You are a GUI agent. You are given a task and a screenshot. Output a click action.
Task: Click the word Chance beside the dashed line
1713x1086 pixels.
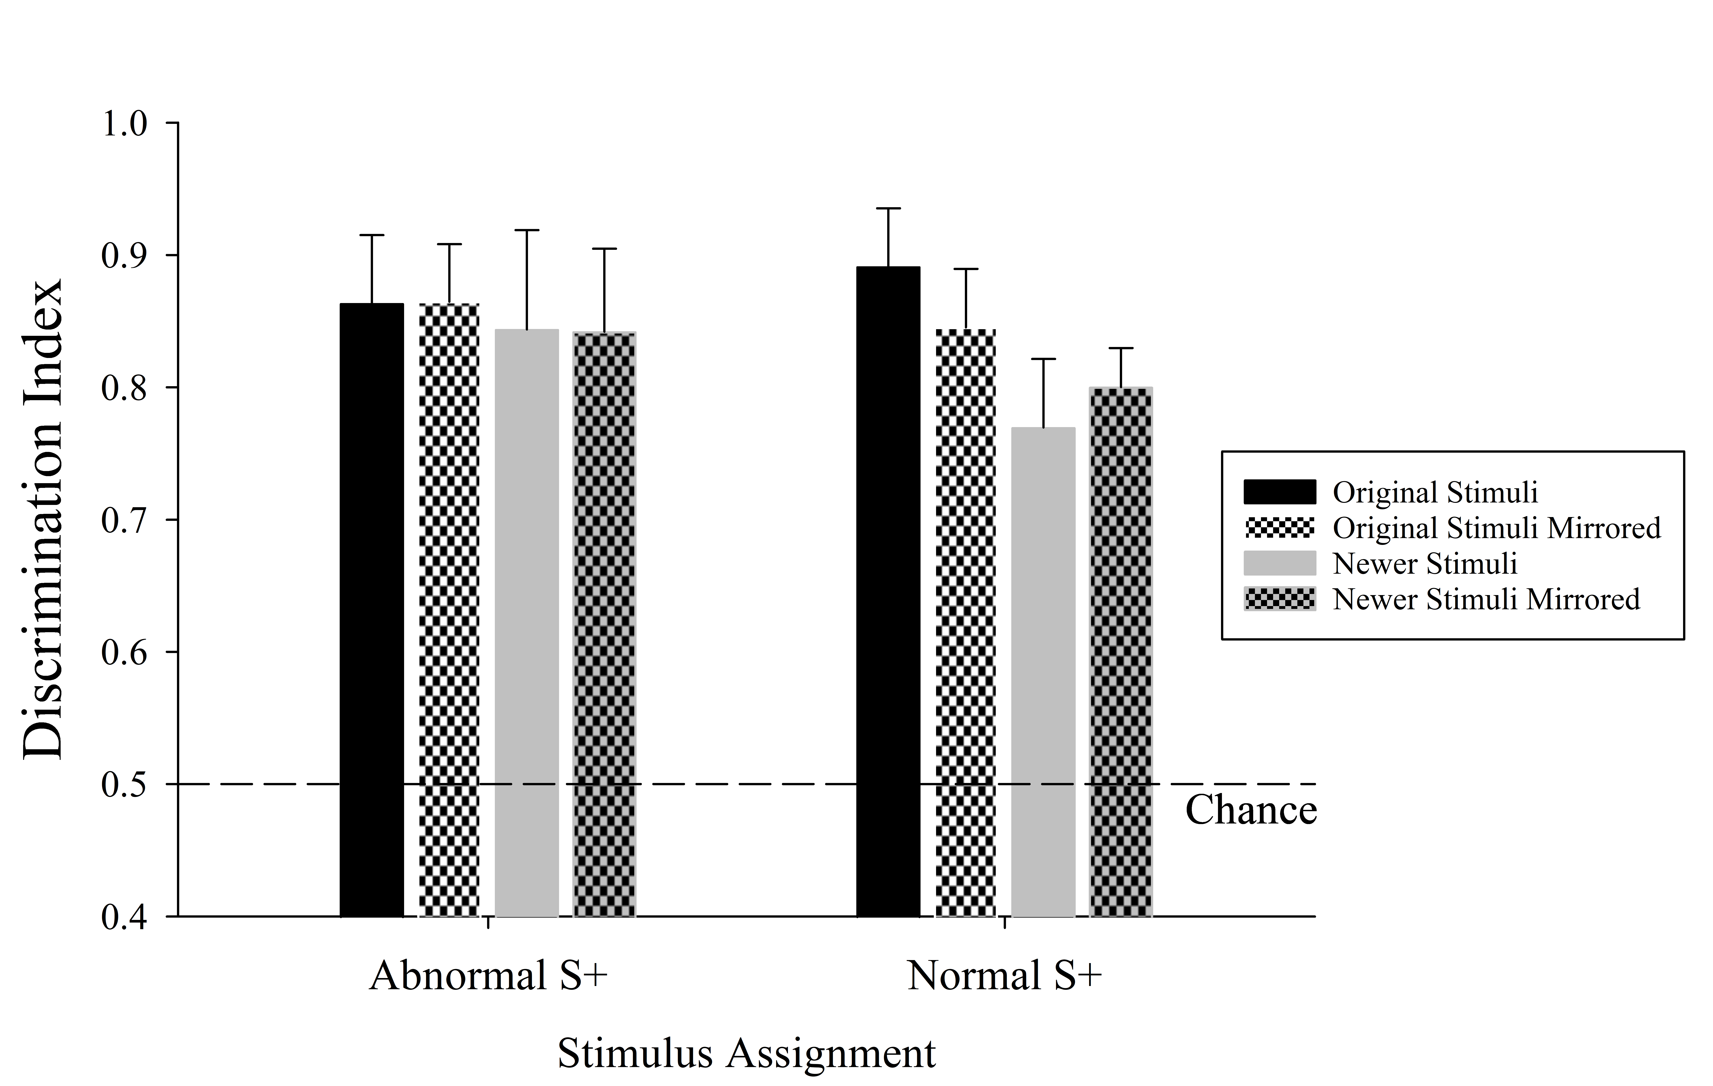tap(1251, 810)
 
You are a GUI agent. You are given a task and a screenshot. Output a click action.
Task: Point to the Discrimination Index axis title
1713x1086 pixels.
tap(43, 519)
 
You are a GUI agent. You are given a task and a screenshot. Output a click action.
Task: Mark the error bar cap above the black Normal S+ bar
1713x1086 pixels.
tap(889, 208)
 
